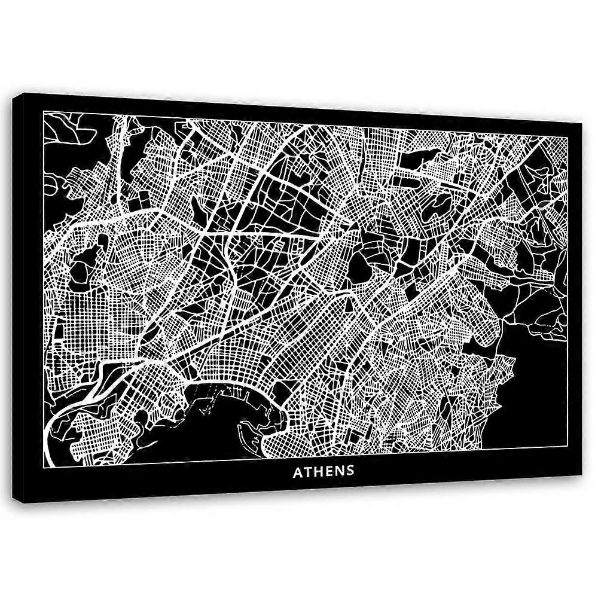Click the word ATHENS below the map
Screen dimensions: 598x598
324,471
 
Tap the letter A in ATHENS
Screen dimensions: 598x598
297,471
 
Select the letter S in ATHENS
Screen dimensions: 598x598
350,471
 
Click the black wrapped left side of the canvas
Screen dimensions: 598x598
21,299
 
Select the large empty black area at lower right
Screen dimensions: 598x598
535,383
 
